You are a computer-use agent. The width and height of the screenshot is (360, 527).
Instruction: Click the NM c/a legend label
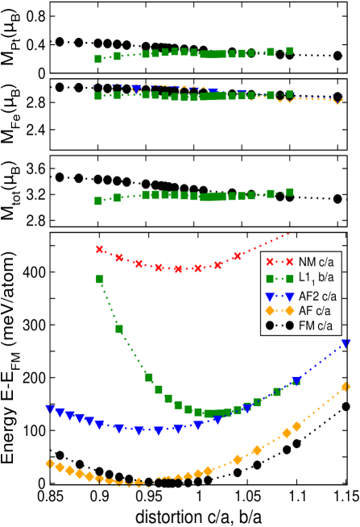317,262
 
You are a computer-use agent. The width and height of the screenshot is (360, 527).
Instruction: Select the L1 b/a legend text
316,278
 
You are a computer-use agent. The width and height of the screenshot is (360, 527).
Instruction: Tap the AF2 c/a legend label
318,296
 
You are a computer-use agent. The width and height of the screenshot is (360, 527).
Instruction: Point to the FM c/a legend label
316,326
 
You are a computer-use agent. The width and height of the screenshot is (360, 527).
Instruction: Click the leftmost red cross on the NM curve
99,249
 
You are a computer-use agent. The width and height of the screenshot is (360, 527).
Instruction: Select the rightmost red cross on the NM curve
237,255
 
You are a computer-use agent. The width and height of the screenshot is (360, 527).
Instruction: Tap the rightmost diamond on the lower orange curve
346,387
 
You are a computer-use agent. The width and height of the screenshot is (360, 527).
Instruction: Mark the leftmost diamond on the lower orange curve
50,463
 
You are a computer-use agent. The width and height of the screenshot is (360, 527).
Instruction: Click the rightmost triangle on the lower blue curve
346,344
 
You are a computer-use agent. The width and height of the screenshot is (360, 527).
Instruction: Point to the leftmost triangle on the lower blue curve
50,409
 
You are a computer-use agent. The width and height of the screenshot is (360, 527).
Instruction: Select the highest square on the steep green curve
99,279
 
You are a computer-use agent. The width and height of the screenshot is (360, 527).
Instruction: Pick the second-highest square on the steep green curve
119,329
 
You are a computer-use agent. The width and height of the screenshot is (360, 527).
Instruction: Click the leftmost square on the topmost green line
98,59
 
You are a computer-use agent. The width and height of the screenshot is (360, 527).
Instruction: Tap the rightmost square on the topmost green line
289,51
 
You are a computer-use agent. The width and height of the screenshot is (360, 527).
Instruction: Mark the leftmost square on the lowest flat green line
98,201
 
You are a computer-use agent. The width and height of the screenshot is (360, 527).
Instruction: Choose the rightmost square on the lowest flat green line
289,192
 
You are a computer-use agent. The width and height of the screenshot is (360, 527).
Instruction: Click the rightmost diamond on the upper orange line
338,100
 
